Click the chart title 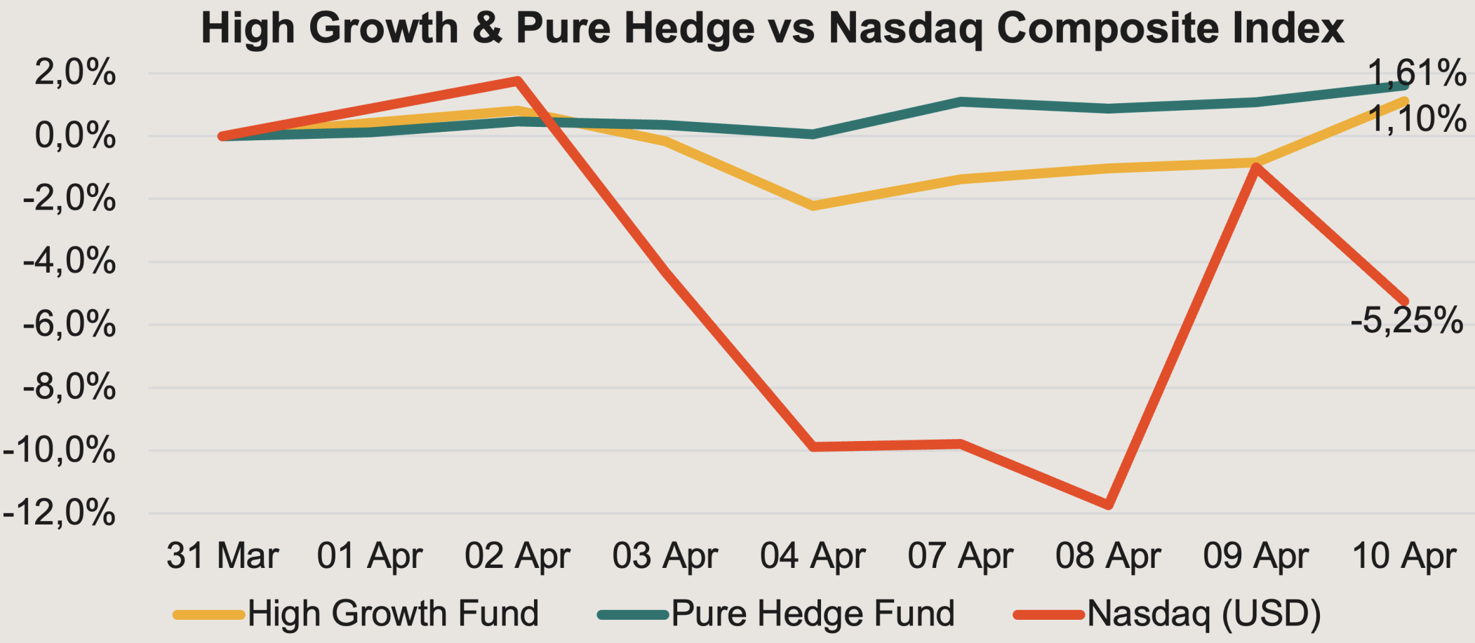(773, 28)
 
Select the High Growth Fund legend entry (356, 614)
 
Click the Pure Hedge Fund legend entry (776, 614)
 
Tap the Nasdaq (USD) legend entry (1168, 614)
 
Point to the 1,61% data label (1417, 73)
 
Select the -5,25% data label (1407, 320)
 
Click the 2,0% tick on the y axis (75, 73)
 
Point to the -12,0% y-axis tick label (59, 513)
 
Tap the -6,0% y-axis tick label (69, 325)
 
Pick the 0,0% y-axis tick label (75, 136)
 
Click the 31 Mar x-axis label (222, 556)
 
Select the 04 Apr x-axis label (813, 557)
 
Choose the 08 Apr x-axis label (1109, 557)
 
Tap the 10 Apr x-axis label (1404, 557)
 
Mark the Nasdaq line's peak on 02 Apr (518, 81)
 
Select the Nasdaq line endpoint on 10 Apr (1404, 302)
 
